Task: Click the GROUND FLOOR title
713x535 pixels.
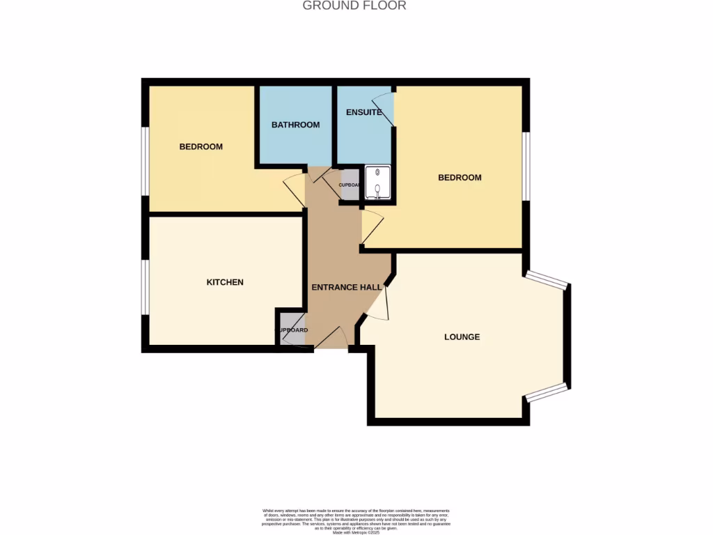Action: [354, 6]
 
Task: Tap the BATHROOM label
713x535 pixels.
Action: [295, 125]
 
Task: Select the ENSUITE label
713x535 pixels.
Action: [363, 112]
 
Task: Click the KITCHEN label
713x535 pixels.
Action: [225, 282]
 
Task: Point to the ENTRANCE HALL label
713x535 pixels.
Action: [346, 287]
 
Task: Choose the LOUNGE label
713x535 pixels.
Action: [462, 336]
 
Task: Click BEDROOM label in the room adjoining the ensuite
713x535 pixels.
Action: [460, 178]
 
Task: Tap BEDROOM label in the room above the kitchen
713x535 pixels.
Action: [201, 146]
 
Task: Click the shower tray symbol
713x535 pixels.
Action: [377, 183]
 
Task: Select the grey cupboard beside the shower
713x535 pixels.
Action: [349, 185]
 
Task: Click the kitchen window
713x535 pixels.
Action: [145, 286]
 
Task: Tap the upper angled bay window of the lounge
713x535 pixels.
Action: [547, 279]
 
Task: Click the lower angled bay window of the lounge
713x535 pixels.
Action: [547, 392]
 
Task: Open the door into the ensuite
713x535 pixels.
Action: [385, 109]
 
